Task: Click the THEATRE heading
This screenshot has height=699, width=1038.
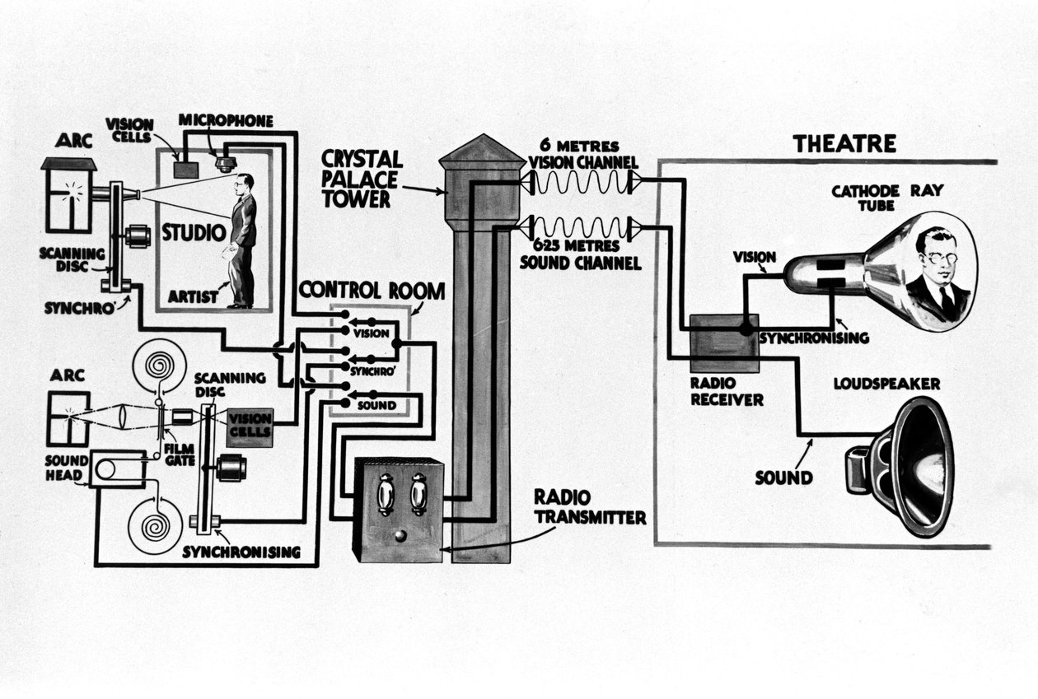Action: pyautogui.click(x=844, y=144)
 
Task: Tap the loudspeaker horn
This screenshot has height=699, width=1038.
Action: pyautogui.click(x=910, y=466)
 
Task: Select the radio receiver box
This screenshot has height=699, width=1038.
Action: pyautogui.click(x=724, y=343)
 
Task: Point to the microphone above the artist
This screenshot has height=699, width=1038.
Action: pyautogui.click(x=226, y=162)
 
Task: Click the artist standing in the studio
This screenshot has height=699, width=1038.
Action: pyautogui.click(x=242, y=239)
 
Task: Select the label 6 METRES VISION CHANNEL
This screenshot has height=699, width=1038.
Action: pyautogui.click(x=576, y=155)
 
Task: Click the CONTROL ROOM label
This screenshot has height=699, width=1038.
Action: pyautogui.click(x=372, y=290)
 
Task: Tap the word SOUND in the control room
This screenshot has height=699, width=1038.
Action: pyautogui.click(x=376, y=406)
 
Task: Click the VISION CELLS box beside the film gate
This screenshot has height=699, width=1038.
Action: pyautogui.click(x=250, y=426)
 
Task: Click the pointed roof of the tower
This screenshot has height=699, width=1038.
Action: pyautogui.click(x=482, y=151)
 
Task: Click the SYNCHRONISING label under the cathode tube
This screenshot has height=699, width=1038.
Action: pyautogui.click(x=814, y=338)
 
